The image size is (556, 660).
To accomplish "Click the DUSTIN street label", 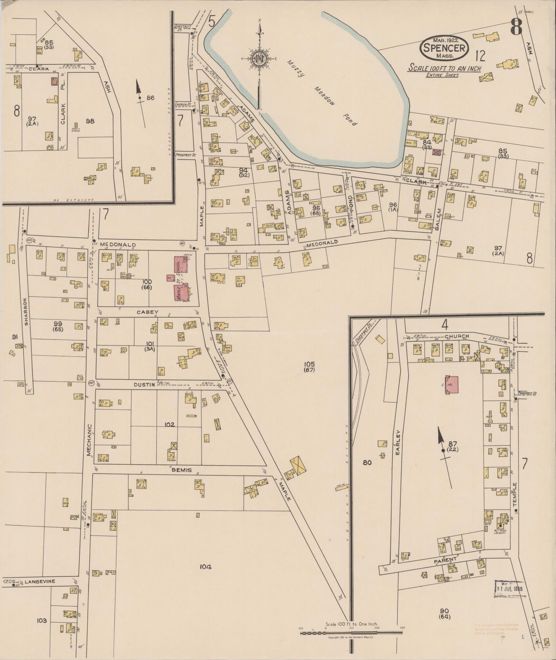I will tap(144, 385).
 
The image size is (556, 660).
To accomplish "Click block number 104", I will tap(206, 566).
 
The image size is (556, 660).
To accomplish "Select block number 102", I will tap(169, 424).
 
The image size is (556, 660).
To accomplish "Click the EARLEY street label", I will tap(398, 443).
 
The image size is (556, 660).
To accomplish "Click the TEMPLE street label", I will tap(515, 495).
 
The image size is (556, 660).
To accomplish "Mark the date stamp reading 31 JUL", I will tap(508, 589).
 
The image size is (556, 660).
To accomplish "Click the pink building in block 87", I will tap(452, 385).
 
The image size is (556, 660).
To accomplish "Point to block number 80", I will tap(367, 462).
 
